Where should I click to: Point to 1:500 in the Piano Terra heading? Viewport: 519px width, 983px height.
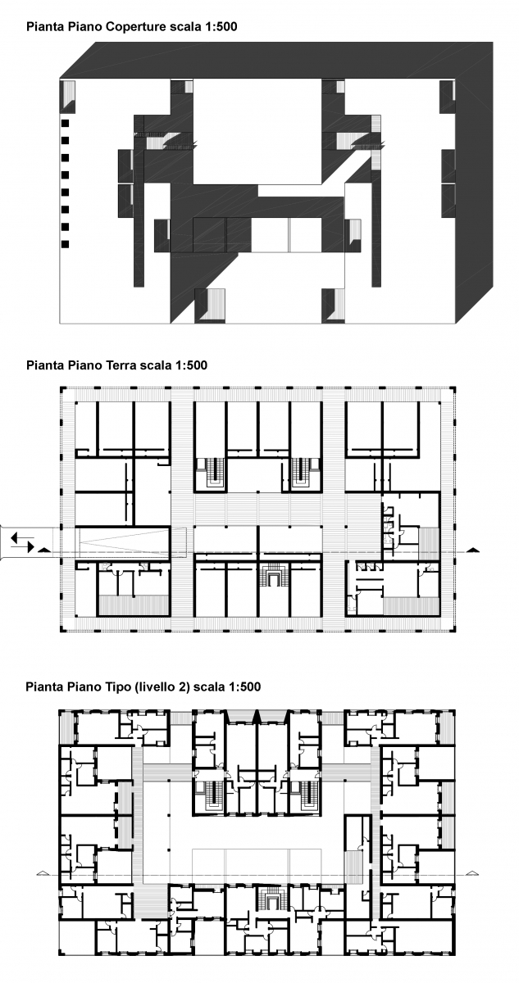[191, 365]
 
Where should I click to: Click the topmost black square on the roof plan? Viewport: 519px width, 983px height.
[65, 124]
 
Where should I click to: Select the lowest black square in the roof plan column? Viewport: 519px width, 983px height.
[65, 244]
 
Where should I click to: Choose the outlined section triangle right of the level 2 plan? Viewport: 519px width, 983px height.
[472, 873]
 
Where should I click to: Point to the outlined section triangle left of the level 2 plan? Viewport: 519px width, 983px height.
[42, 873]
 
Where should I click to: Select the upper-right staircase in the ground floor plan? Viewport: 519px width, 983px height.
[301, 473]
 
